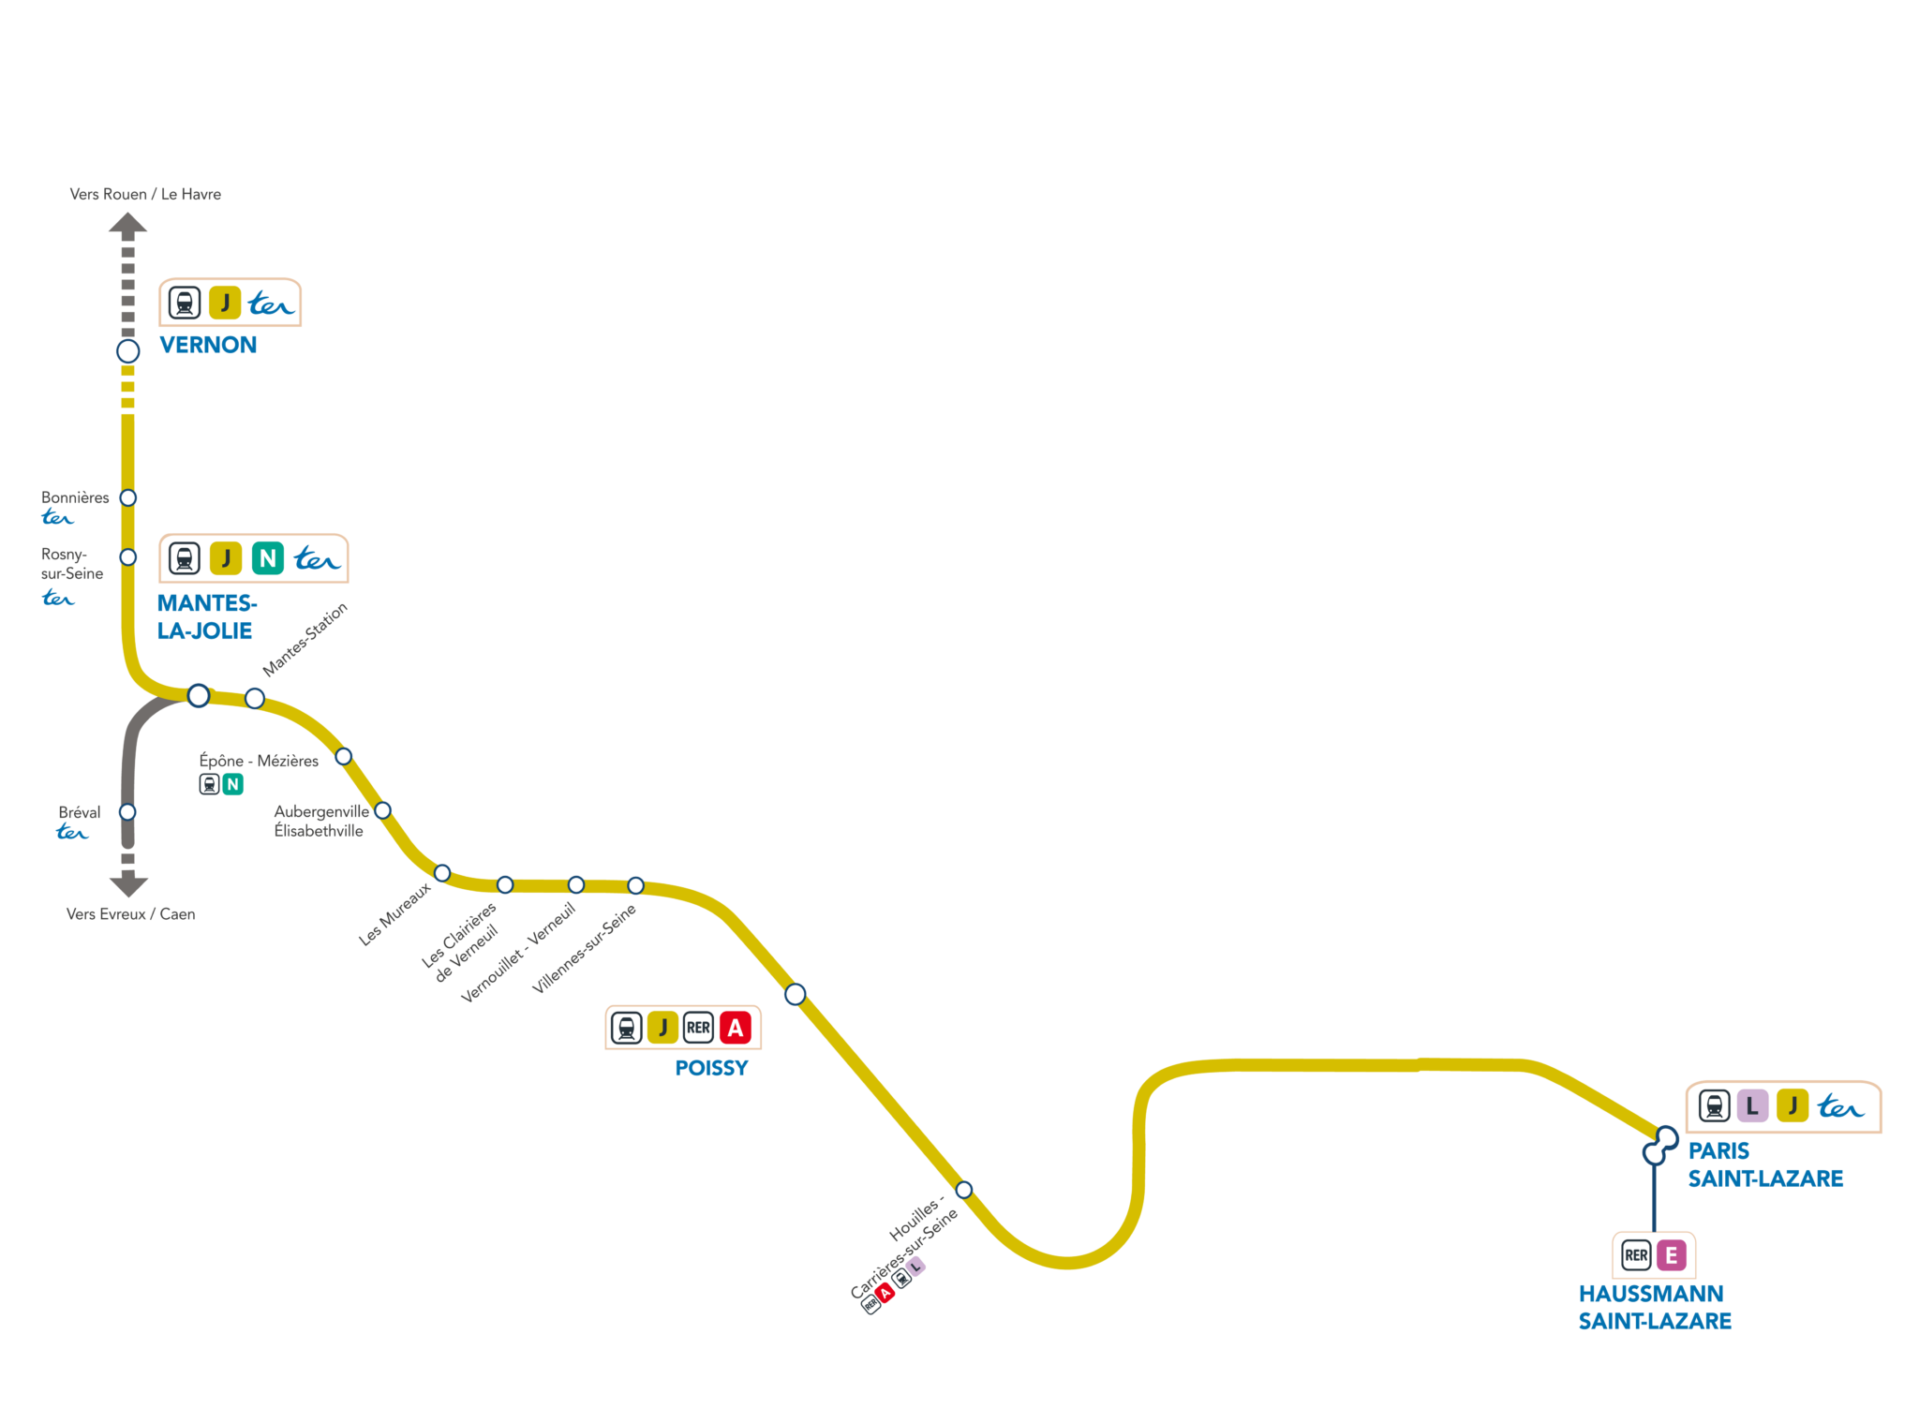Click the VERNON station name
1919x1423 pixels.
[207, 346]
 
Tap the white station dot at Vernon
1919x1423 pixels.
[128, 351]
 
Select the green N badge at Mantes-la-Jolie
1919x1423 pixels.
[268, 559]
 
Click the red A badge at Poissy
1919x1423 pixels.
[736, 1028]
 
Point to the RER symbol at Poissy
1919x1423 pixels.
[698, 1028]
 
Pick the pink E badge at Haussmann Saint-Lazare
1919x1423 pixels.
[1671, 1255]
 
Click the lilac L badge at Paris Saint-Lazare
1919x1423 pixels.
[1751, 1106]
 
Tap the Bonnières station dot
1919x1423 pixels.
[128, 497]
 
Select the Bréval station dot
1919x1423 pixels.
[127, 812]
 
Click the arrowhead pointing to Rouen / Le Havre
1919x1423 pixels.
[128, 223]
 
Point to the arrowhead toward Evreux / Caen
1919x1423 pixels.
[128, 884]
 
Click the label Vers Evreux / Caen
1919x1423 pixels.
[131, 914]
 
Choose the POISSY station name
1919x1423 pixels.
[711, 1069]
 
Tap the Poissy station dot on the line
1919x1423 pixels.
[796, 994]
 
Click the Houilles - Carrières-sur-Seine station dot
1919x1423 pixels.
[964, 1190]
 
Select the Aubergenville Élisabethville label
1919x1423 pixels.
[320, 822]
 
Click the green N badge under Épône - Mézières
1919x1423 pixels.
[232, 784]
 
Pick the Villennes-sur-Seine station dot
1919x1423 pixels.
[635, 885]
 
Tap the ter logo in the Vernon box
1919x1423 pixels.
[271, 304]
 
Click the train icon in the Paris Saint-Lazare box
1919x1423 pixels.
[1714, 1106]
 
